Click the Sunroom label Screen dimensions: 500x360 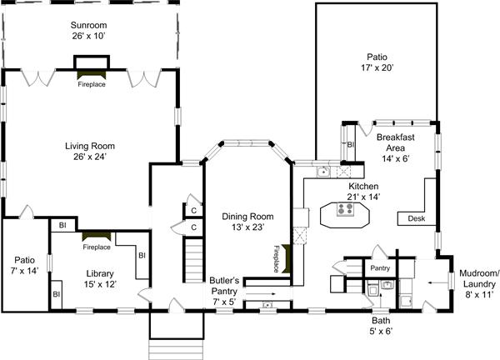click(x=88, y=25)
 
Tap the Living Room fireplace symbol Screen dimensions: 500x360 click(x=92, y=75)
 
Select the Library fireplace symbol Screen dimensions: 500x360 click(x=97, y=237)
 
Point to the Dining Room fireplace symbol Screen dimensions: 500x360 click(x=286, y=258)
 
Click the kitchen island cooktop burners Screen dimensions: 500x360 click(x=345, y=209)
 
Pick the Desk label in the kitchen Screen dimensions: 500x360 click(x=417, y=218)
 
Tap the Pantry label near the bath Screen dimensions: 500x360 click(x=380, y=268)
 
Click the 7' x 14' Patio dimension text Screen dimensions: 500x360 click(x=24, y=271)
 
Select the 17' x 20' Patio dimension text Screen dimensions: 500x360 click(x=377, y=67)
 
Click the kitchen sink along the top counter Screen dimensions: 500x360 click(x=323, y=172)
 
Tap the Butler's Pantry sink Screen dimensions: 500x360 click(x=267, y=305)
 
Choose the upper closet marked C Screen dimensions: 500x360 click(x=193, y=211)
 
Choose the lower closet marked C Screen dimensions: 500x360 click(x=193, y=227)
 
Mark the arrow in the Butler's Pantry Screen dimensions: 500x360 click(x=261, y=293)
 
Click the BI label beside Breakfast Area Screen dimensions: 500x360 click(x=351, y=145)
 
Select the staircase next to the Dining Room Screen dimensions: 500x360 click(x=193, y=260)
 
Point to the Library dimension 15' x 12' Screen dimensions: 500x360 click(x=100, y=284)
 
